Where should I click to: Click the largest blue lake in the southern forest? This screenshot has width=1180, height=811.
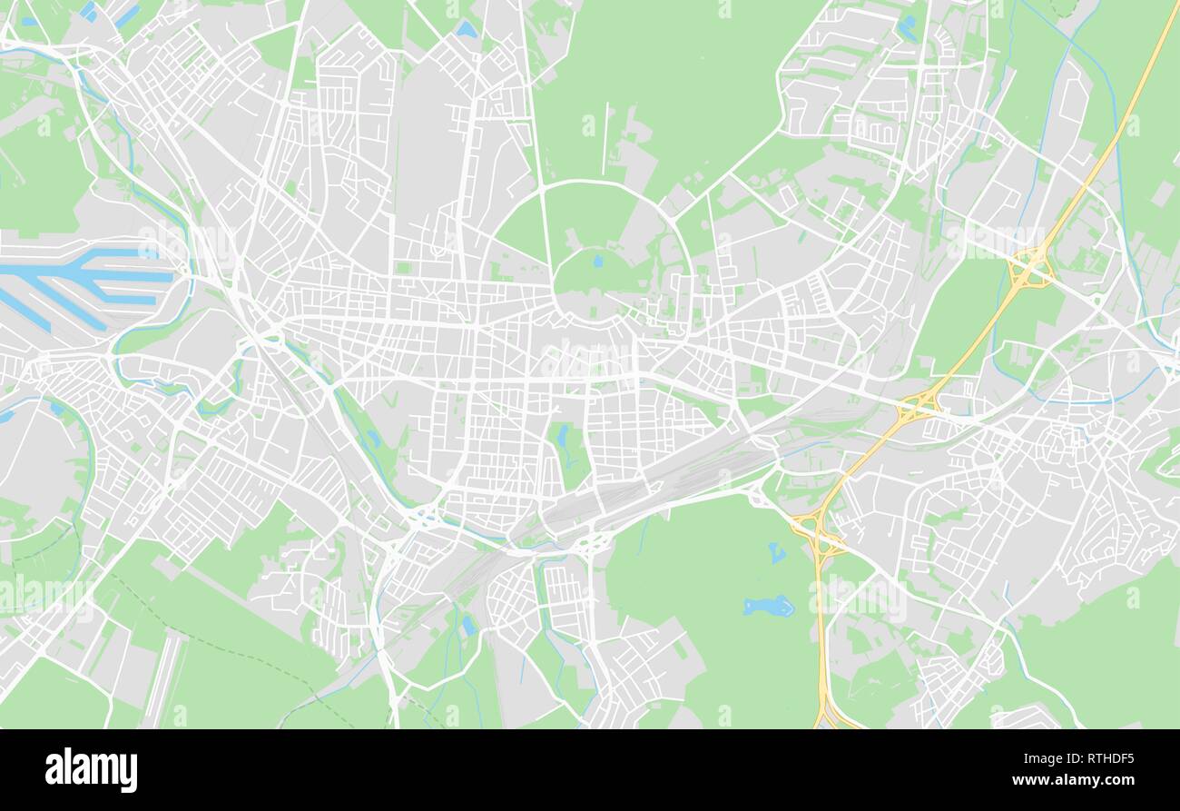(768, 606)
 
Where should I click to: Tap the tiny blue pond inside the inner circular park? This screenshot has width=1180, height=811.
(597, 262)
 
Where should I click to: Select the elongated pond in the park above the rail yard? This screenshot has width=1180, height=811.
(563, 439)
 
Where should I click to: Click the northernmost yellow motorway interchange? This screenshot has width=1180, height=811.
(1029, 269)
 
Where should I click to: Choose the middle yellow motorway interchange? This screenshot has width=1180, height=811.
(918, 404)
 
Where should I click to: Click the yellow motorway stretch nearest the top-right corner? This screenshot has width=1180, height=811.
(1153, 54)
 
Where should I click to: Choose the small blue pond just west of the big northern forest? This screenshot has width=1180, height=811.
(467, 30)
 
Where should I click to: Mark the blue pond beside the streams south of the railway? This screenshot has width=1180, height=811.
(468, 624)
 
